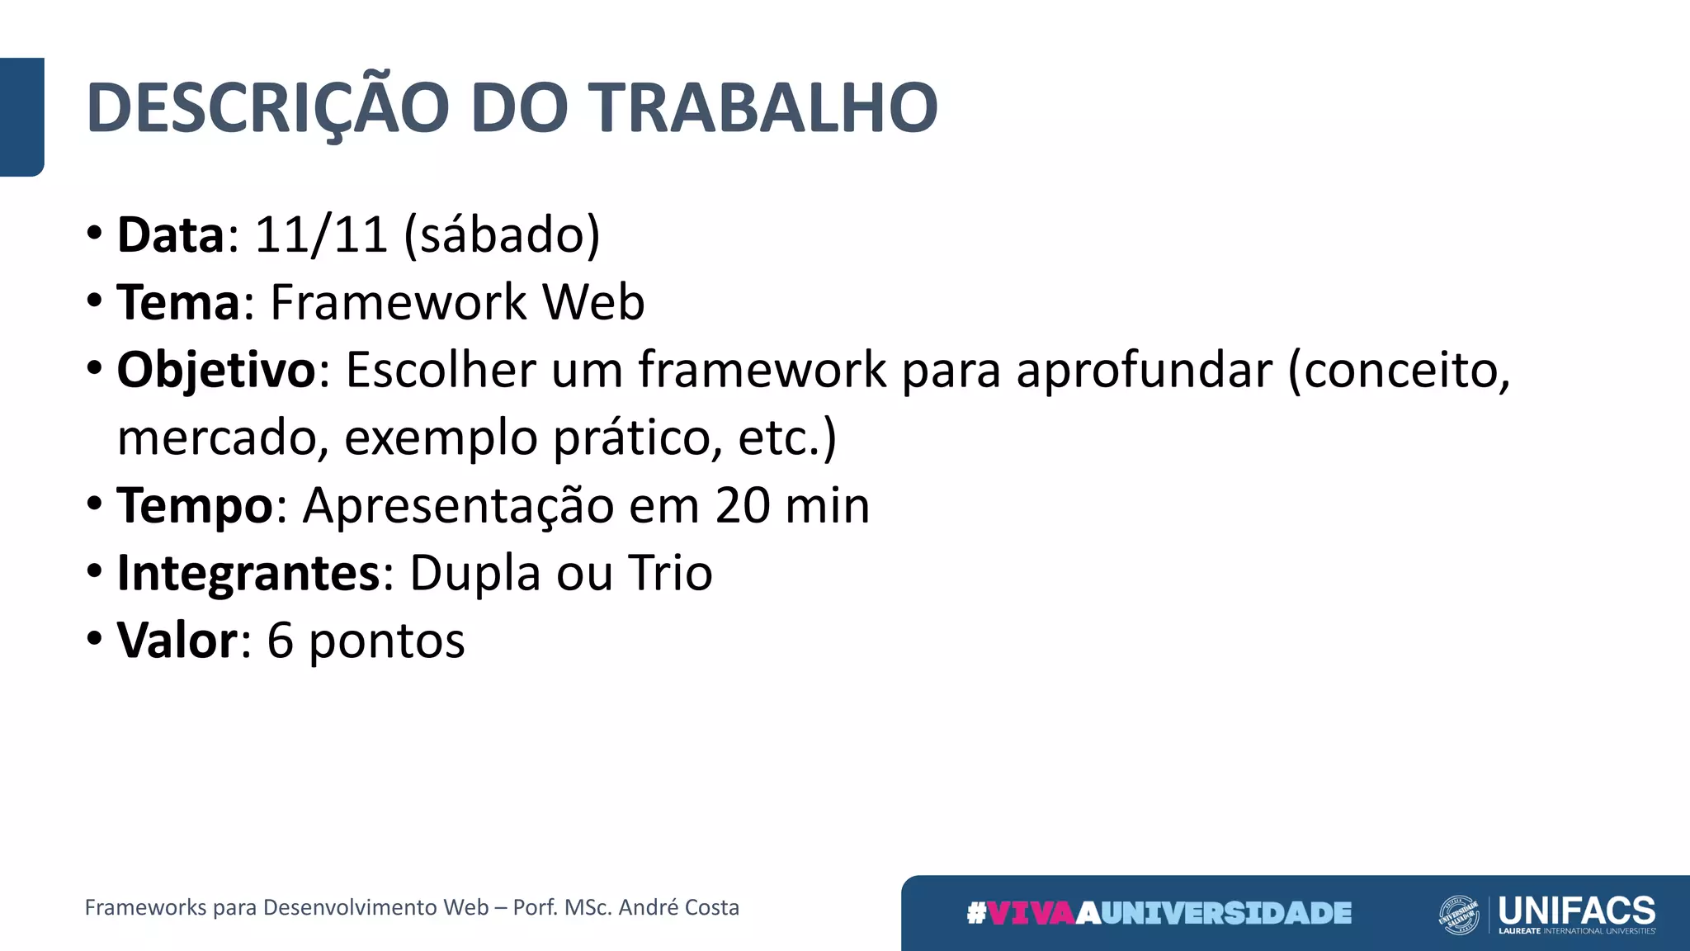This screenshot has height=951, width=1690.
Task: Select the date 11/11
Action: tap(321, 234)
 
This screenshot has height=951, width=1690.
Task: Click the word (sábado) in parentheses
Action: tap(502, 236)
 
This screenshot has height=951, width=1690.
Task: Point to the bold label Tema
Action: tap(178, 302)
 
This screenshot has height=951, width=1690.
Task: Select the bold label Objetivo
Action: tap(216, 370)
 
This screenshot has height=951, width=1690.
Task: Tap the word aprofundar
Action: tap(1144, 370)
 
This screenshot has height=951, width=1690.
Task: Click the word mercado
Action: tap(217, 438)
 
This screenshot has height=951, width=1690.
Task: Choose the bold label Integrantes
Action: tap(248, 573)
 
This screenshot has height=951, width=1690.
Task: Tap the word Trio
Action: tap(670, 573)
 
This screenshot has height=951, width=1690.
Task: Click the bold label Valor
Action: tap(177, 641)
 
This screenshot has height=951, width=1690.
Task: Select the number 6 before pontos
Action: tap(281, 641)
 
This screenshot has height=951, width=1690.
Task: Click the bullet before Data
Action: tap(95, 234)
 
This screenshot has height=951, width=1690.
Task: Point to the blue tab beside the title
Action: tap(21, 116)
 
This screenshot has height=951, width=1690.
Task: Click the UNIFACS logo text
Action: tap(1576, 911)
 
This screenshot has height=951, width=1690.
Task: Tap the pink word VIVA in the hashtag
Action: tap(1031, 913)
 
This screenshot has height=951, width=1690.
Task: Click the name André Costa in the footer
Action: tap(678, 907)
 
